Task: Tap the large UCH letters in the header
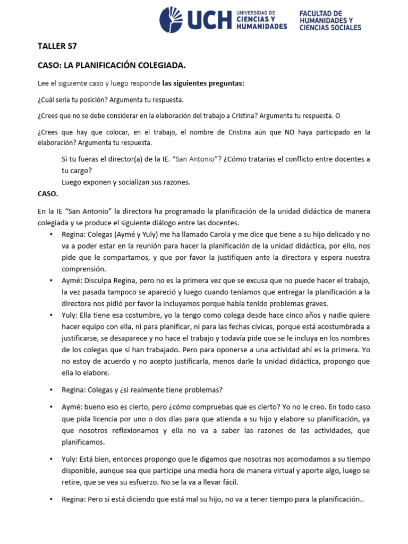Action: (207, 20)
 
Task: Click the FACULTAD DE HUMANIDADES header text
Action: (330, 20)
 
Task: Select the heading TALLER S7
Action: (55, 46)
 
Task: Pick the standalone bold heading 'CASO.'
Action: (48, 194)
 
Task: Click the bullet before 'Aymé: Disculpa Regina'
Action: (51, 280)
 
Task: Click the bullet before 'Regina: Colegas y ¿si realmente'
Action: (51, 389)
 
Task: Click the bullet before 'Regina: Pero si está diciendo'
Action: (51, 500)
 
